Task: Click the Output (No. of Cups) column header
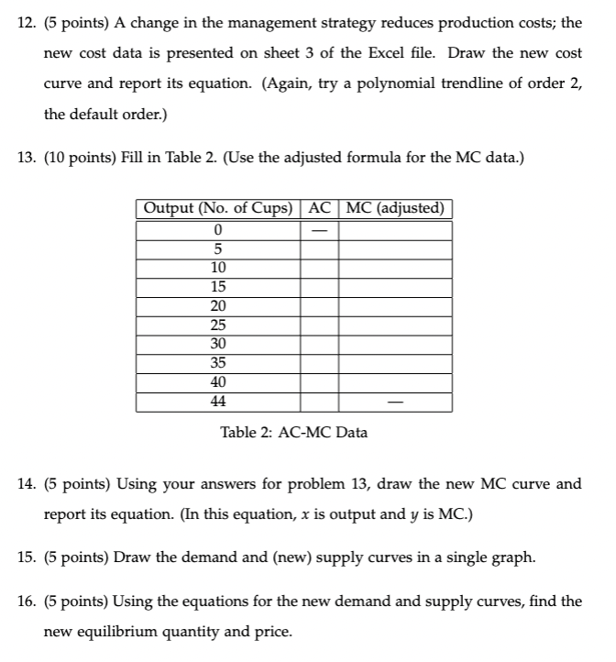(x=218, y=208)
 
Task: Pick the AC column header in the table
(x=319, y=208)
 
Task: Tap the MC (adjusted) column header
(x=395, y=208)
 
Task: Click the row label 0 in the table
(x=218, y=229)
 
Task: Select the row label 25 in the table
(x=218, y=325)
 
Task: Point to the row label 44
(x=218, y=403)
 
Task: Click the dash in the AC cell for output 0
(x=319, y=229)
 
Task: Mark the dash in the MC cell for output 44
(x=395, y=403)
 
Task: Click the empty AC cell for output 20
(x=319, y=306)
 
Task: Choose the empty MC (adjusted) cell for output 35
(x=395, y=364)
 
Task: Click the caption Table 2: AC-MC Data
(x=294, y=432)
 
